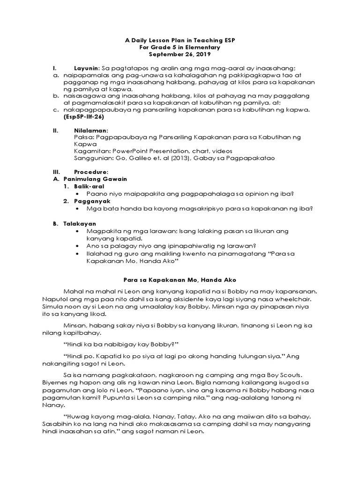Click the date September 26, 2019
(x=180, y=55)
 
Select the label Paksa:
(x=84, y=137)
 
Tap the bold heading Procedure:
(x=91, y=172)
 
